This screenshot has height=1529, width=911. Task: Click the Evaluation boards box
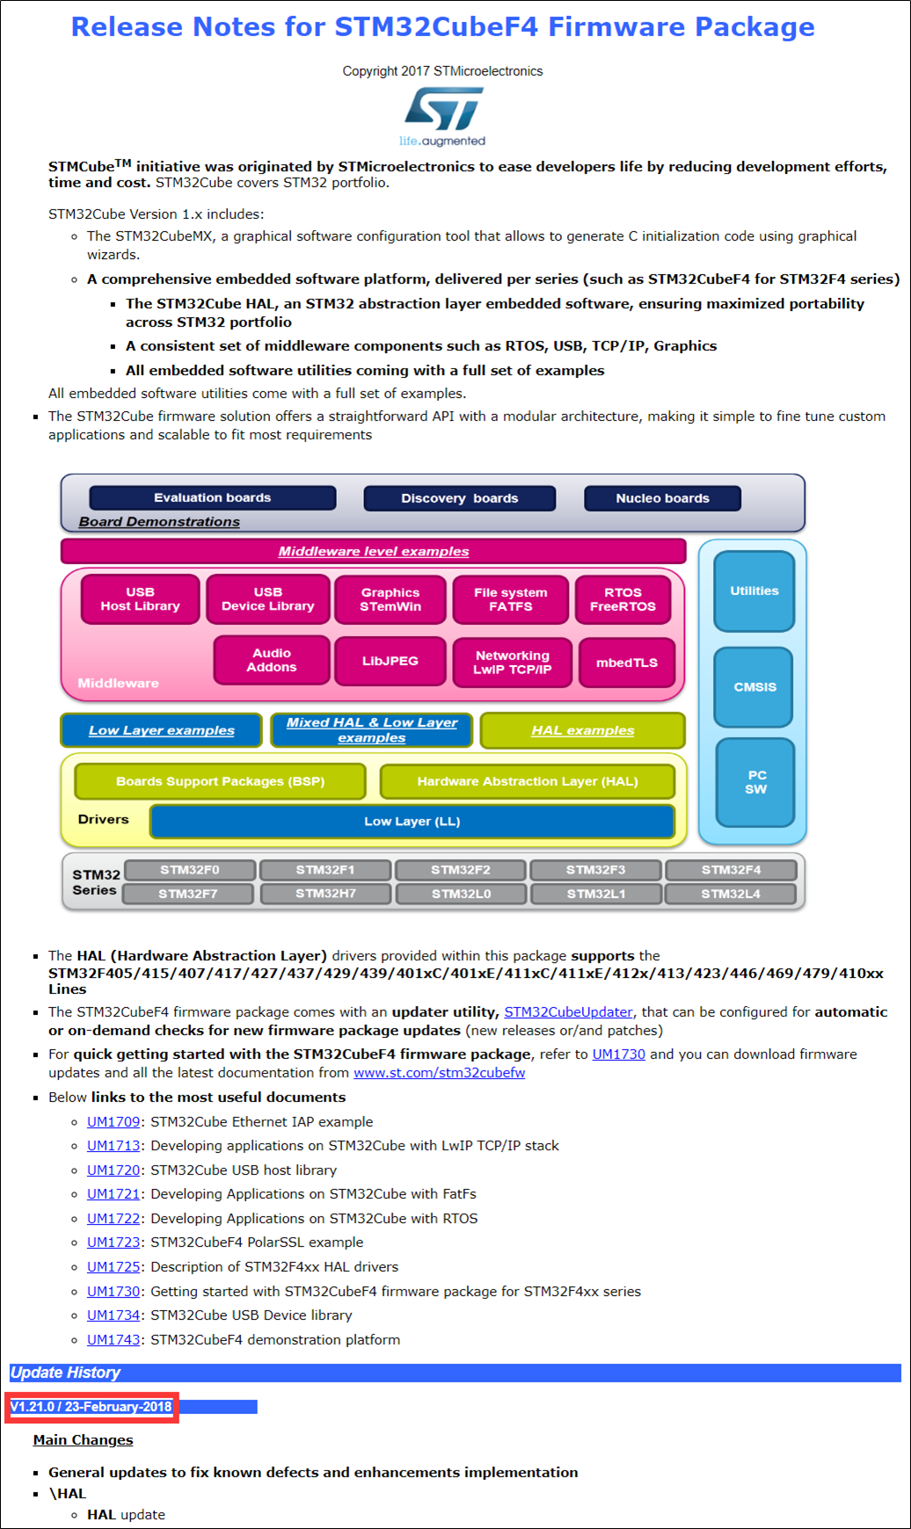(x=212, y=497)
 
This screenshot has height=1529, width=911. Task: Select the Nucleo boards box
(x=662, y=498)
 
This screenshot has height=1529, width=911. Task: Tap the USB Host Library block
(x=140, y=599)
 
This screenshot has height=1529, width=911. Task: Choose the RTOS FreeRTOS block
(x=623, y=599)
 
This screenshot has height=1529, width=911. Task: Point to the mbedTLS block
(x=626, y=663)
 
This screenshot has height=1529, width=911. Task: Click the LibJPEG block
(x=390, y=661)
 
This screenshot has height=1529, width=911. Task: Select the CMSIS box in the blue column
(x=754, y=687)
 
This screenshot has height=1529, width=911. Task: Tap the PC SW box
(x=755, y=782)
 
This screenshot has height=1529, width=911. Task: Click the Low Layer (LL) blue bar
(x=412, y=822)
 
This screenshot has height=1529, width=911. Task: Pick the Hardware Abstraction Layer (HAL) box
(x=527, y=781)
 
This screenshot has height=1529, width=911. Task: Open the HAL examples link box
(x=582, y=730)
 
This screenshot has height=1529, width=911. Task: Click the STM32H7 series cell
(x=325, y=894)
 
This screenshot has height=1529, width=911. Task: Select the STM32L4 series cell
(x=730, y=894)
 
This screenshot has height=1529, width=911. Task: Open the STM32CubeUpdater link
(x=568, y=1012)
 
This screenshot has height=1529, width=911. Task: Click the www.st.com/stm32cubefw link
(x=439, y=1073)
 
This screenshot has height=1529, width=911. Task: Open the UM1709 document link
(x=113, y=1122)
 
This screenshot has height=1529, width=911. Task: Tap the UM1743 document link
(x=113, y=1340)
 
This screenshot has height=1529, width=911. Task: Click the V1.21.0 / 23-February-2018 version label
(x=91, y=1407)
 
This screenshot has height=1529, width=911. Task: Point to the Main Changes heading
(x=84, y=1440)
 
